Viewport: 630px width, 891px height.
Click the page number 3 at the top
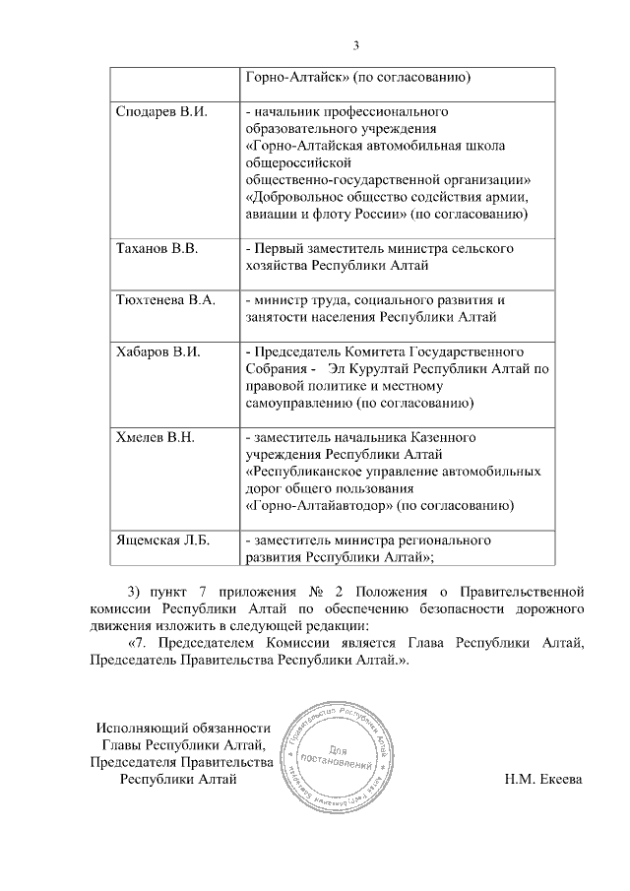pyautogui.click(x=357, y=44)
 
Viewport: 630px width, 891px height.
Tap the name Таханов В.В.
pyautogui.click(x=157, y=249)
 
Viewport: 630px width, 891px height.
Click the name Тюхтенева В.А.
pyautogui.click(x=164, y=299)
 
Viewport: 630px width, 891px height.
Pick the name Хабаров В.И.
pyautogui.click(x=158, y=350)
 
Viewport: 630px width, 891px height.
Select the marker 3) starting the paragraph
pyautogui.click(x=137, y=592)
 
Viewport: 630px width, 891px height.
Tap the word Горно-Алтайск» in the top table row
pyautogui.click(x=291, y=77)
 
